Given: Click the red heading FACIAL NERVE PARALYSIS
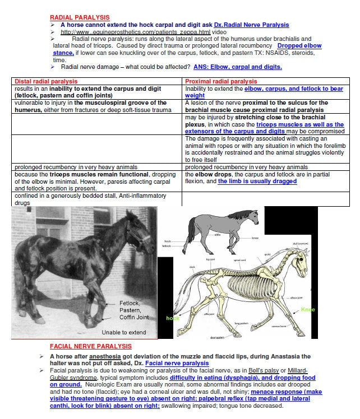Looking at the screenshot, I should pyautogui.click(x=90, y=346).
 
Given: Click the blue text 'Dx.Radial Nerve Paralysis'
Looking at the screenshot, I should pyautogui.click(x=251, y=25).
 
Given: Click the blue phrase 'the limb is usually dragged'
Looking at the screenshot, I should pyautogui.click(x=257, y=181).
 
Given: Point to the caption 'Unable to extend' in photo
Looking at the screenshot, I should pyautogui.click(x=123, y=332).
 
